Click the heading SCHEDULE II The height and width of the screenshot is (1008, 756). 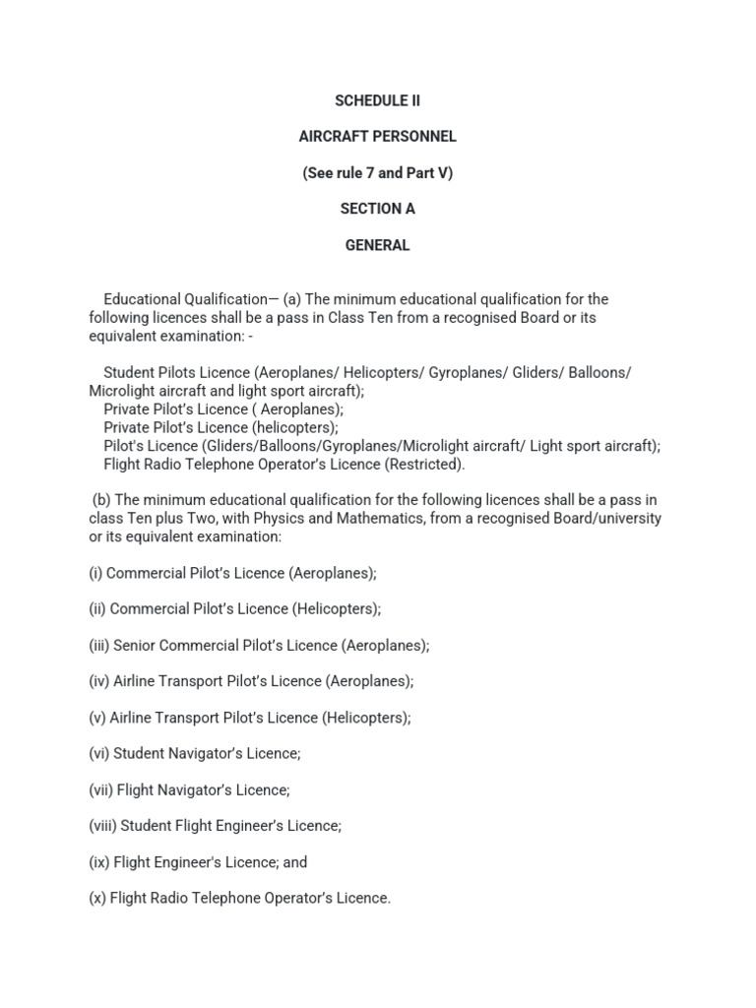tap(377, 100)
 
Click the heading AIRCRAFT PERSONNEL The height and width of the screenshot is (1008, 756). tap(377, 137)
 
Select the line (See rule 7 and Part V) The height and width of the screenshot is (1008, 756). tap(377, 173)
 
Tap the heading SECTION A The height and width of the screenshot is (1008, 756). tap(377, 209)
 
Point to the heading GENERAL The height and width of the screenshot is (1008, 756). tap(377, 245)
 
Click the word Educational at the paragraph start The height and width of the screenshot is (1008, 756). tap(142, 299)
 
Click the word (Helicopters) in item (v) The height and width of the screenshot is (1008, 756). tap(365, 718)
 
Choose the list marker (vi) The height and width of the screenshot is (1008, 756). tap(98, 754)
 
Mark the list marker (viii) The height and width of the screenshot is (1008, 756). tap(101, 826)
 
